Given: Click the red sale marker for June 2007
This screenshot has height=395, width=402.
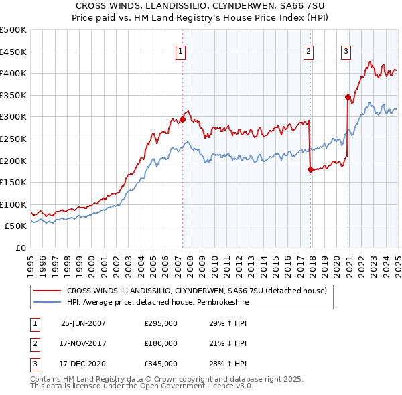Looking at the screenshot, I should (182, 119).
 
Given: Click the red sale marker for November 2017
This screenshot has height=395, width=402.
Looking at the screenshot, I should (310, 169).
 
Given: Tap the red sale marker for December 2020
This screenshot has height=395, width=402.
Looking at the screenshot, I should (348, 97).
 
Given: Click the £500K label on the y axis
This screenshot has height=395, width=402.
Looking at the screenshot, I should (14, 30).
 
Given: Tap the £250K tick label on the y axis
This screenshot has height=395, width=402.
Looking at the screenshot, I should (14, 139).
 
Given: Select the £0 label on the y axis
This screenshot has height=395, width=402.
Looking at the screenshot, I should (21, 248).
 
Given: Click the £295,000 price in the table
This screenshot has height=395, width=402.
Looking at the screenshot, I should (161, 323).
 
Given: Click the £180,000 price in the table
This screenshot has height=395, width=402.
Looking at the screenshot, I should (161, 343).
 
